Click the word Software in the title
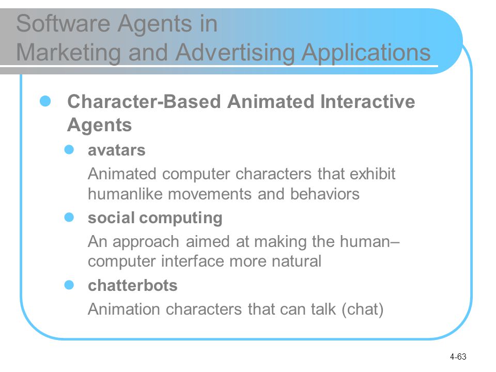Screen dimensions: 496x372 pos(64,23)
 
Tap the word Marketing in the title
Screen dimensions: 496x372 pos(68,53)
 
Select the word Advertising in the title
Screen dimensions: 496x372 pos(236,53)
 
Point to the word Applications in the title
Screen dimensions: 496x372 pos(366,53)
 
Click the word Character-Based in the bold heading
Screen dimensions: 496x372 pos(144,102)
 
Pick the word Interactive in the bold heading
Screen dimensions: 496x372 pos(367,102)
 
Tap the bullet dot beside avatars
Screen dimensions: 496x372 pos(69,150)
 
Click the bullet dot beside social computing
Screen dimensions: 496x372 pos(69,218)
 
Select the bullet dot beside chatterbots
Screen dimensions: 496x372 pos(69,285)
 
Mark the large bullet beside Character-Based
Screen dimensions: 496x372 pos(45,101)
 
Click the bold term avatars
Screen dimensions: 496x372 pos(117,150)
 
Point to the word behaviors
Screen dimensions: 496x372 pos(325,194)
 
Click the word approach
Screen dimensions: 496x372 pos(146,242)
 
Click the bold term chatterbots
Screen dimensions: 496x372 pos(133,285)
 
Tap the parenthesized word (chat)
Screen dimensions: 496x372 pos(363,309)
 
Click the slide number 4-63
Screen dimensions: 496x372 pos(458,357)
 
